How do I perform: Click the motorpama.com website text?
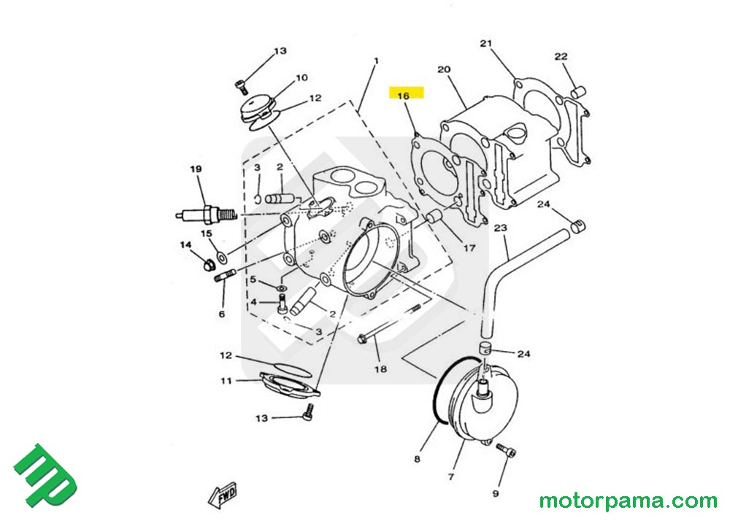628,501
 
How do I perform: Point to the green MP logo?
45,475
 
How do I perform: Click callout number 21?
487,44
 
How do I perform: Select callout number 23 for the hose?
500,228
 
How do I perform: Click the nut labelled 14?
208,260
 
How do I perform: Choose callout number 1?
375,61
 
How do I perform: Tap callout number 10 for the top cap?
301,78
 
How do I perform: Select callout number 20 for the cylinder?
443,70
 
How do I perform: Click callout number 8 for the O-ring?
417,460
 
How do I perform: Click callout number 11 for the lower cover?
226,380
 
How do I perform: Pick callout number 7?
450,477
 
